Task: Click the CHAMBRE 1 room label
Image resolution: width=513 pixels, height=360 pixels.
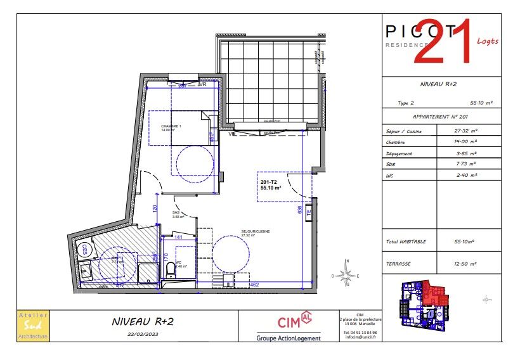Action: pos(171,126)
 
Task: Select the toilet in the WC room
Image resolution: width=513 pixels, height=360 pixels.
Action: pos(170,271)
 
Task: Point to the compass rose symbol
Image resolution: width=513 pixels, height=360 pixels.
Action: pos(347,275)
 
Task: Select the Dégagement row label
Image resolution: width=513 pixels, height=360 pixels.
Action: pos(399,153)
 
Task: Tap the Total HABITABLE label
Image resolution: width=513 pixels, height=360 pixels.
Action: pos(406,241)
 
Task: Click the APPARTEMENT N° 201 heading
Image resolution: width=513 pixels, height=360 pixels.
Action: pos(440,117)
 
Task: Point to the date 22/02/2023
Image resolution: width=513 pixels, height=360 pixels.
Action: pos(143,334)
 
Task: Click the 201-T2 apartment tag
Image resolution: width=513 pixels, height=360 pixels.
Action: pos(269,183)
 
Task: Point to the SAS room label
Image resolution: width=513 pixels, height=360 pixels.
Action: pos(176,213)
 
